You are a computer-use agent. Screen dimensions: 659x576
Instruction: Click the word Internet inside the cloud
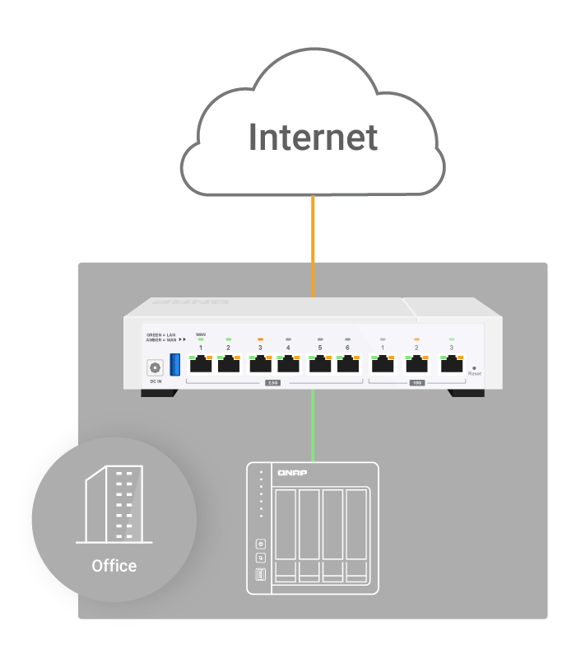313,137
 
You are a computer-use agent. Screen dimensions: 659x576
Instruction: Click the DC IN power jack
154,368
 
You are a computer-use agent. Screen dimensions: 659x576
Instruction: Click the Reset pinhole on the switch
474,367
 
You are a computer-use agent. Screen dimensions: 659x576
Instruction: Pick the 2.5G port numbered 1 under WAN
200,364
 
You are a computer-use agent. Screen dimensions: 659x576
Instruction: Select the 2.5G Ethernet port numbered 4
288,364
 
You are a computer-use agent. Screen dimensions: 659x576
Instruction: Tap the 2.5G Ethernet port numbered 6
347,364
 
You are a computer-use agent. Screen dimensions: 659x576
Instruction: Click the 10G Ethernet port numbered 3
451,364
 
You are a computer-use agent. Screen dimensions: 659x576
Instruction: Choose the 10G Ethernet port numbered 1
382,364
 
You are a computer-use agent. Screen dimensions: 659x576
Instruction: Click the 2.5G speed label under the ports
272,383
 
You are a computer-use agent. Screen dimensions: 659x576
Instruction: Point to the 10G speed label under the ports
416,383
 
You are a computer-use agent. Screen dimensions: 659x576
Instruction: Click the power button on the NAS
261,544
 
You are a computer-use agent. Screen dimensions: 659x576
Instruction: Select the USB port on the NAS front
261,574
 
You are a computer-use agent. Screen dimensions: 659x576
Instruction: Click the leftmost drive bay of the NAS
286,534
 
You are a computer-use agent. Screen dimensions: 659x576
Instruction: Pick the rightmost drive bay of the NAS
356,534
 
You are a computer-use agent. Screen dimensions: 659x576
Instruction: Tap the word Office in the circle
114,566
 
